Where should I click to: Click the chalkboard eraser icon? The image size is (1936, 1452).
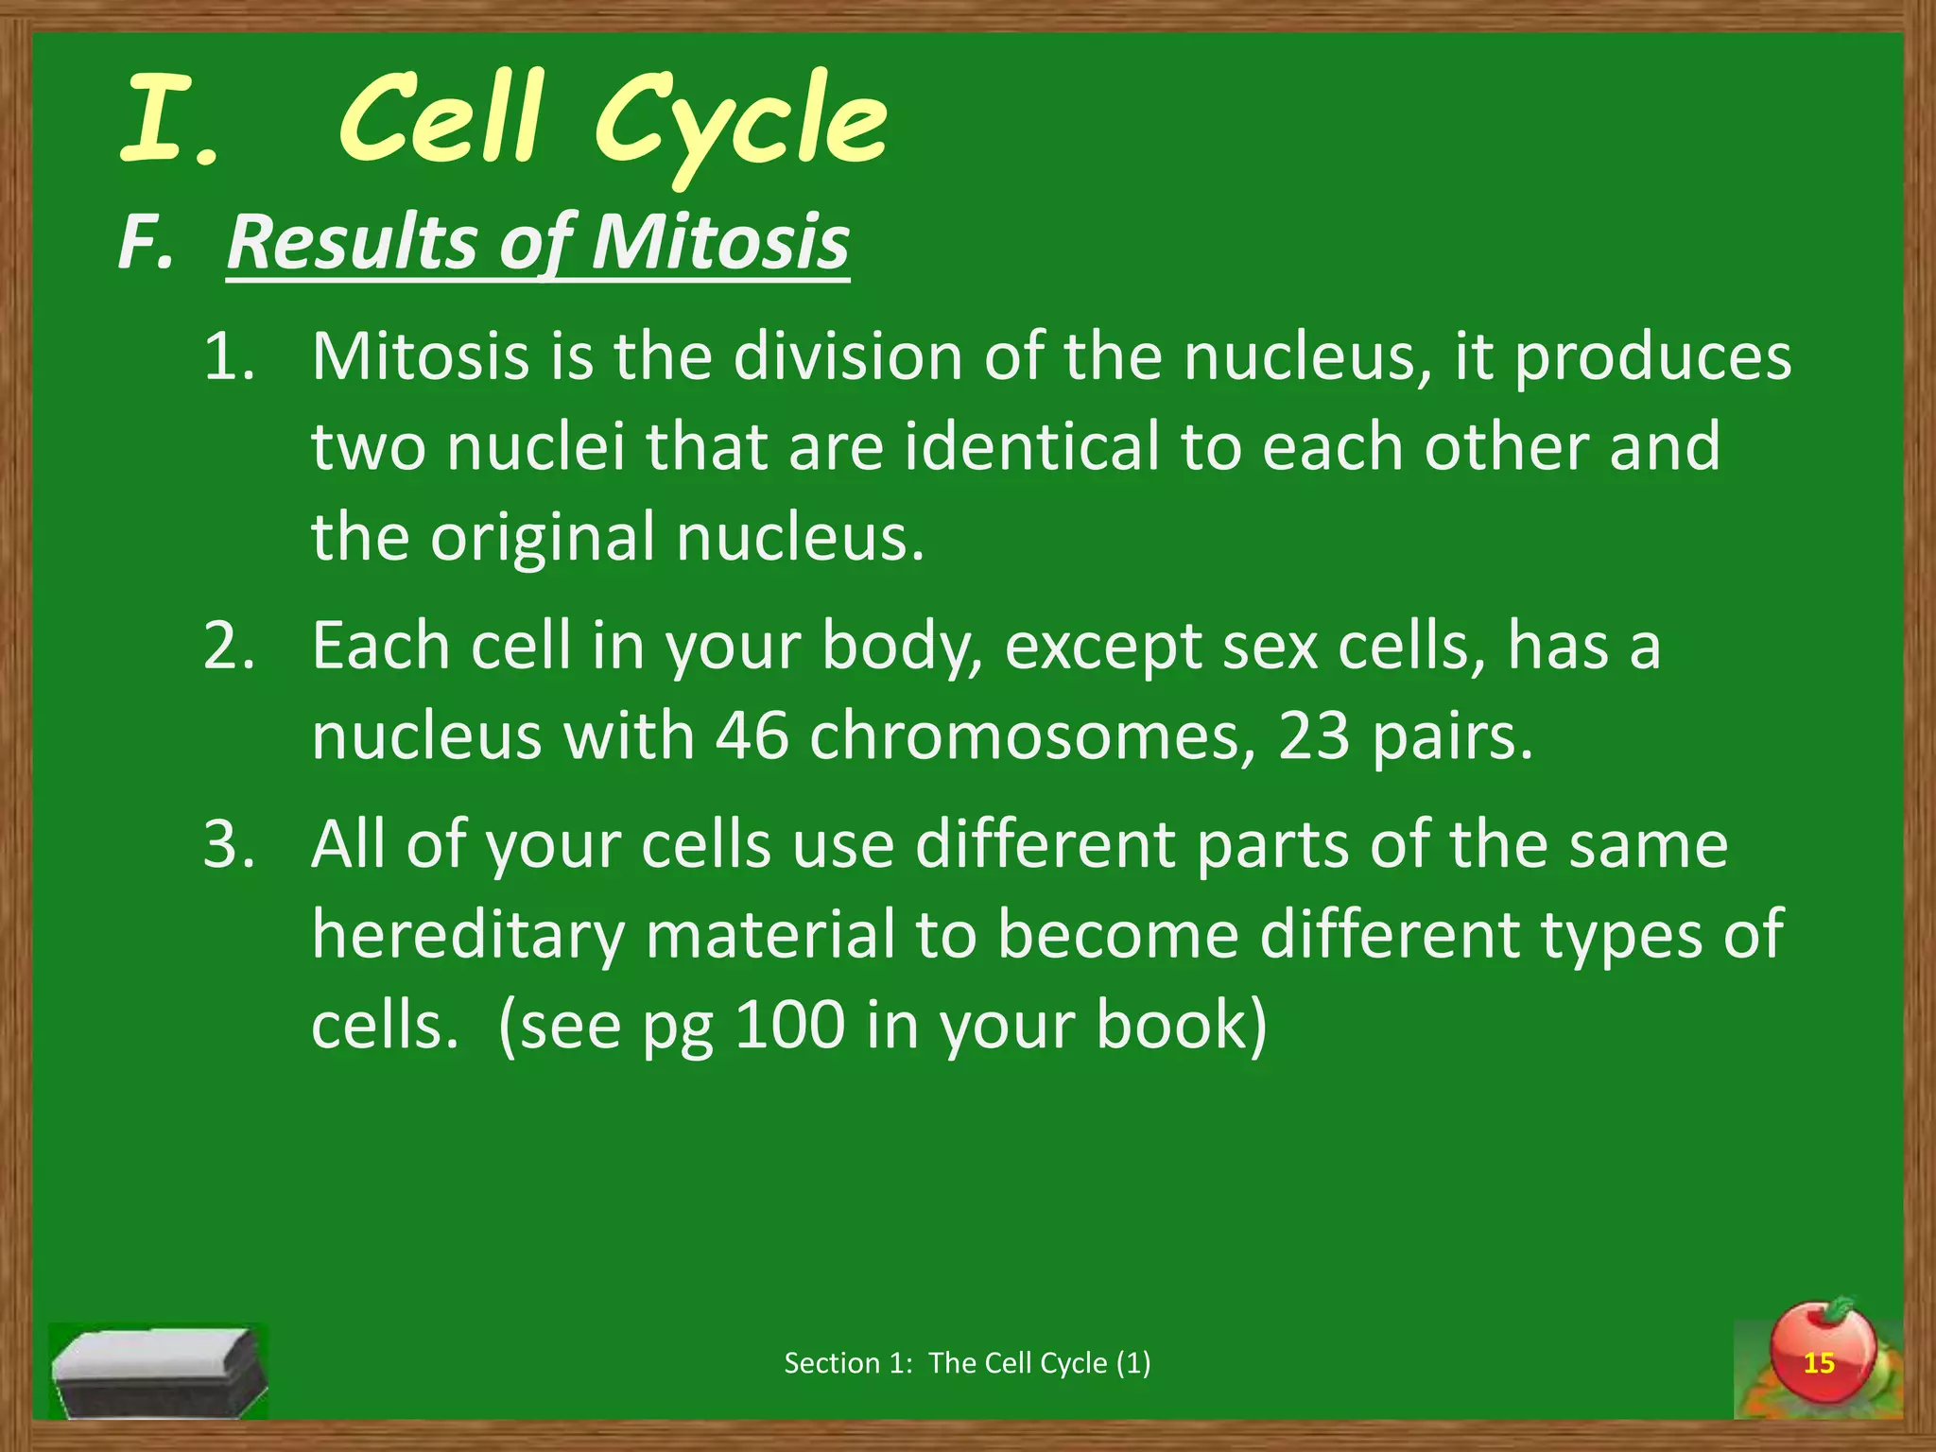(159, 1371)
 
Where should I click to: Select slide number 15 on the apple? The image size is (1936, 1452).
(1819, 1363)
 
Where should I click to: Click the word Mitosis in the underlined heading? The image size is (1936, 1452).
(719, 243)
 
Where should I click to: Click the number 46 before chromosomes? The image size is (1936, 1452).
(752, 736)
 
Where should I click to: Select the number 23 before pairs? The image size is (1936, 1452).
(1314, 736)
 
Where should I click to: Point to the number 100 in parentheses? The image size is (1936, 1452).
(789, 1025)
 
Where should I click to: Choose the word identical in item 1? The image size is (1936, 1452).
(1031, 447)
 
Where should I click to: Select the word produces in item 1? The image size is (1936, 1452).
(1652, 358)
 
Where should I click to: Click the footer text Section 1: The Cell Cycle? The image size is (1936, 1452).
(967, 1363)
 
